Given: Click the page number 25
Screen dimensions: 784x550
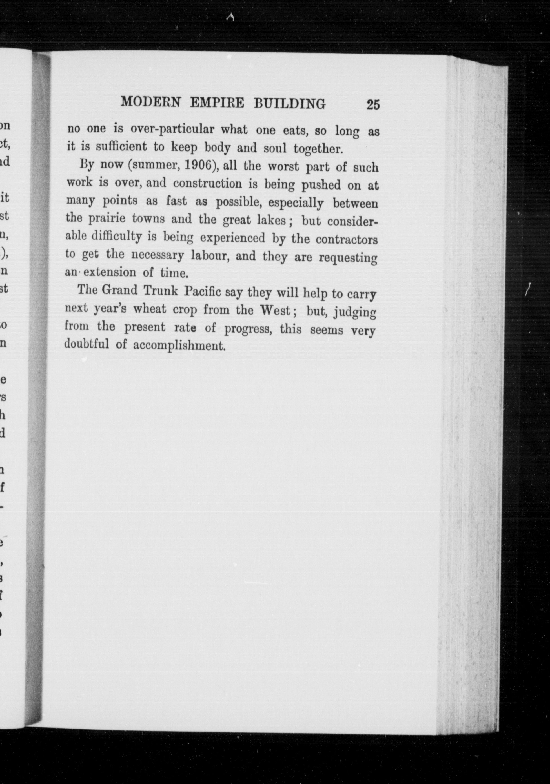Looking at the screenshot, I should click(373, 104).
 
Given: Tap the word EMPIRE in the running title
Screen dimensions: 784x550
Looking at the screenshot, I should click(217, 103).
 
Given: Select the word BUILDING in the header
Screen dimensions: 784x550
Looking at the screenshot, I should click(290, 103).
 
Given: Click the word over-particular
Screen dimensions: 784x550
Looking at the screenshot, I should click(172, 130).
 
